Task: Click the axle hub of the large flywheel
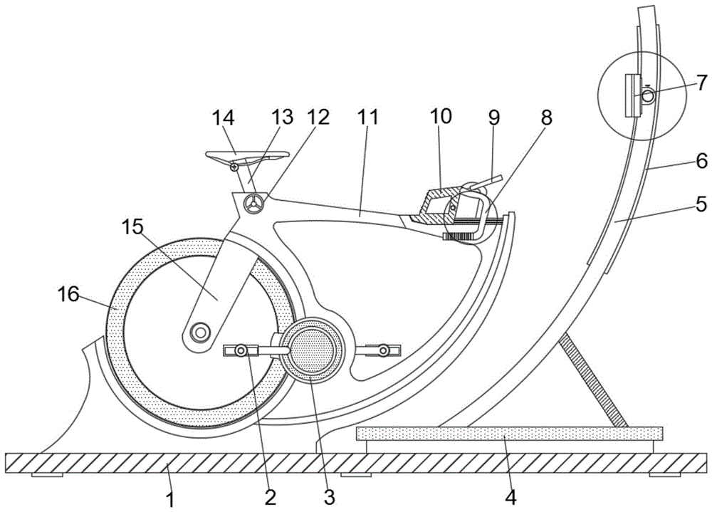pos(200,331)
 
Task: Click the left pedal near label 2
pos(241,350)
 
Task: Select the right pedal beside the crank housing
pos(383,350)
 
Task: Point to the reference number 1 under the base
pos(171,498)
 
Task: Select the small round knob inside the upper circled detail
pos(647,98)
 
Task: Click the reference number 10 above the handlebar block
pos(441,117)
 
